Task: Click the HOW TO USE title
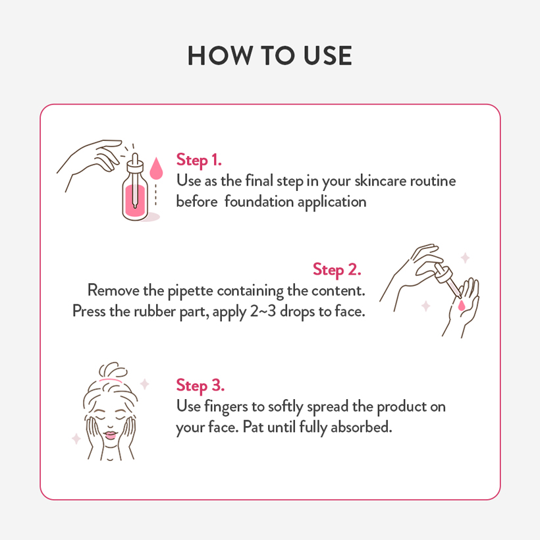pos(269,55)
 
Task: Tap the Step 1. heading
pos(199,161)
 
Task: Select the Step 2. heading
pos(337,269)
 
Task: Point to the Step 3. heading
pos(200,386)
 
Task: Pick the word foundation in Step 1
pos(259,202)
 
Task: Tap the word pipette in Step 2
pos(190,291)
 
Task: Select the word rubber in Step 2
pos(155,311)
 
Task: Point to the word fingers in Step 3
pos(226,408)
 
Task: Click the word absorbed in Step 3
pos(362,427)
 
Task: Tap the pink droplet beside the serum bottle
pos(156,169)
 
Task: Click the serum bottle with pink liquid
pos(135,197)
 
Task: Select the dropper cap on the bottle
pos(135,164)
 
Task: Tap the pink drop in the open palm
pos(461,305)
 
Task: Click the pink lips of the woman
pos(110,435)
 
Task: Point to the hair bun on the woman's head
pos(113,371)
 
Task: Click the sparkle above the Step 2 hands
pos(466,257)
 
